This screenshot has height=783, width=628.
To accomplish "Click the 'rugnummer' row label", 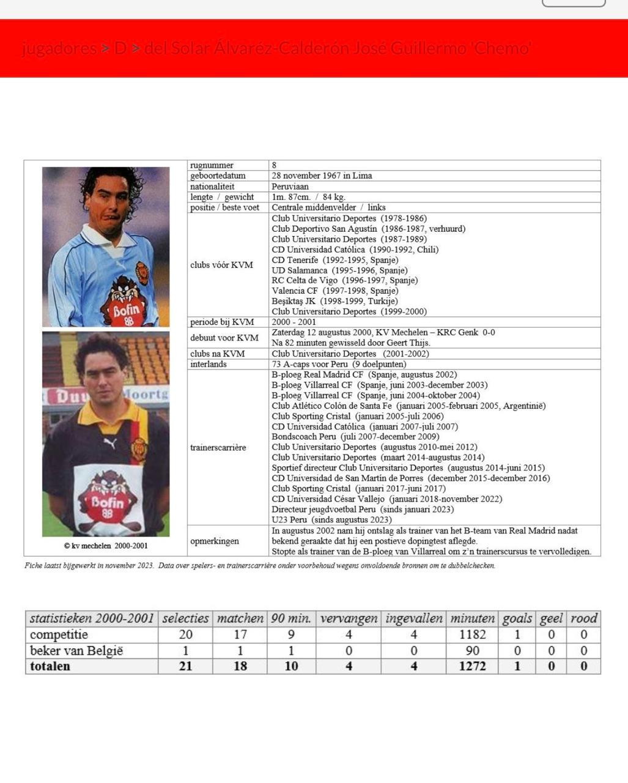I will pos(212,165).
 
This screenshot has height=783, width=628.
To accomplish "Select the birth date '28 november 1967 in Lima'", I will pos(322,176).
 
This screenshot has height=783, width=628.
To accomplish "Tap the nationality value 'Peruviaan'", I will pos(290,187).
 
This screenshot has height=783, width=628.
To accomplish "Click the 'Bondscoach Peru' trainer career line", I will pos(355,437).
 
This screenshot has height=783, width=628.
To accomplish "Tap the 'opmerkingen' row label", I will pos(214,541).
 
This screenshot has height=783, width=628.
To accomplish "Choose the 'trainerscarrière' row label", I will pos(218,447).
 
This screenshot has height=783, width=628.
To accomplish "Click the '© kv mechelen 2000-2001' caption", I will pos(106,546).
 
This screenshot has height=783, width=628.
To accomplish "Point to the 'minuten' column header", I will pos(472,618).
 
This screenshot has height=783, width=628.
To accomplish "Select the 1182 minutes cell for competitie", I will pos(472,635).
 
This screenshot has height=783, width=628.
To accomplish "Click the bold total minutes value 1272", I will pos(472,666).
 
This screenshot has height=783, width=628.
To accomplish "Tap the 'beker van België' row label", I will pos(76,651).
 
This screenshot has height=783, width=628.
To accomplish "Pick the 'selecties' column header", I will pos(185,618).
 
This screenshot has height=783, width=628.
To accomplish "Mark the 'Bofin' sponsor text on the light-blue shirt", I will pos(126,309).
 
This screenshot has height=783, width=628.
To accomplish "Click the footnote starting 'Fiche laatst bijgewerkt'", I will pos(259,566).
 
